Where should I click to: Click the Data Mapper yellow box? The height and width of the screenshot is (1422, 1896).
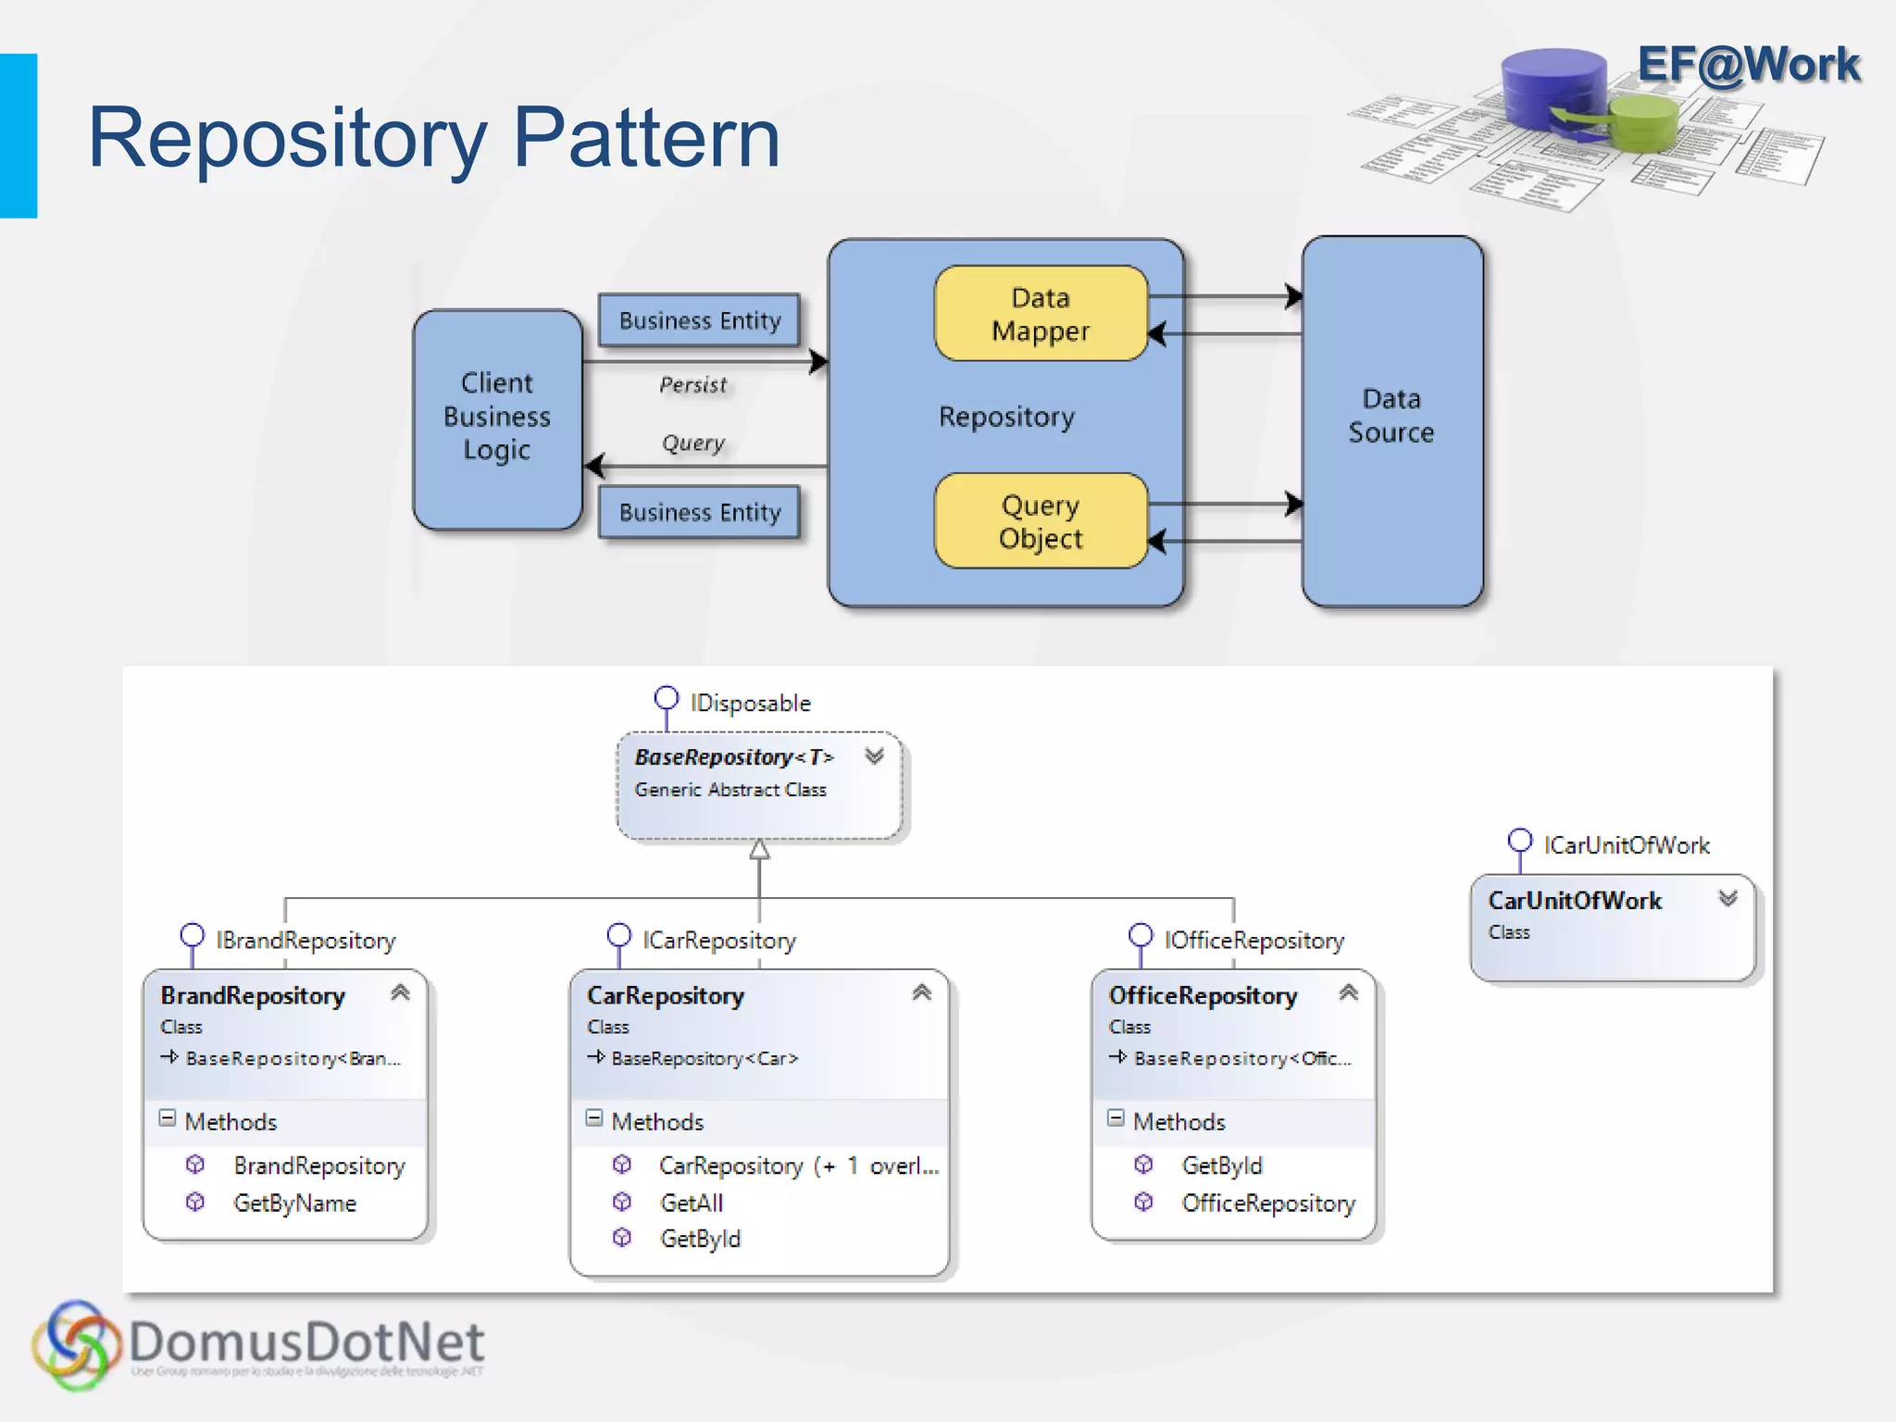pos(1041,314)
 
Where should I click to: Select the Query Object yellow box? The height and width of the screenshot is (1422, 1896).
pos(1041,521)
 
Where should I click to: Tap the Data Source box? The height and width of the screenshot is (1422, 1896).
pos(1391,421)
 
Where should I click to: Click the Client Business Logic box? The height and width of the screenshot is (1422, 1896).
pos(497,418)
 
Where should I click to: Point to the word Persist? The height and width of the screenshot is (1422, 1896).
pos(692,385)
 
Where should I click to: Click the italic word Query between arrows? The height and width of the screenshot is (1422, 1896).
pos(692,443)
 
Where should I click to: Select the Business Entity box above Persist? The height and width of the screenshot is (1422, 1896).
pos(699,320)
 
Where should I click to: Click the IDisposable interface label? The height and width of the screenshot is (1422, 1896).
pos(750,704)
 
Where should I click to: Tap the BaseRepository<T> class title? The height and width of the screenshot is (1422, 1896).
pos(733,757)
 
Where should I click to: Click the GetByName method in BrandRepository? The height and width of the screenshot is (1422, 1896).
pos(294,1204)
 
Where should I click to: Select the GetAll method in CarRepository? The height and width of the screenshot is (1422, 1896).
pos(691,1204)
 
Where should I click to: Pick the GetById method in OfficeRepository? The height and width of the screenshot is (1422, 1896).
pos(1222,1166)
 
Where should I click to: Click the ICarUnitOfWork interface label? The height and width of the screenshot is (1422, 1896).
pos(1627,845)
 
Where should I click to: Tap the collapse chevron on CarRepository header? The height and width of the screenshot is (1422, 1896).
pos(921,993)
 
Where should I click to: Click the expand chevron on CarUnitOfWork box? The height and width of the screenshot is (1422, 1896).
pos(1728,899)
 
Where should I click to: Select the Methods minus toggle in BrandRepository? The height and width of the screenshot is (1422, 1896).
pos(168,1118)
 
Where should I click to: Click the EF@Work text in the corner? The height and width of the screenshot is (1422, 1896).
pos(1748,65)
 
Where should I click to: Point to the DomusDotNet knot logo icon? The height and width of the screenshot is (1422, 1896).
pos(76,1345)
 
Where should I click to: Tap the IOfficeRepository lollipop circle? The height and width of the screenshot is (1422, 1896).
pos(1141,934)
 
